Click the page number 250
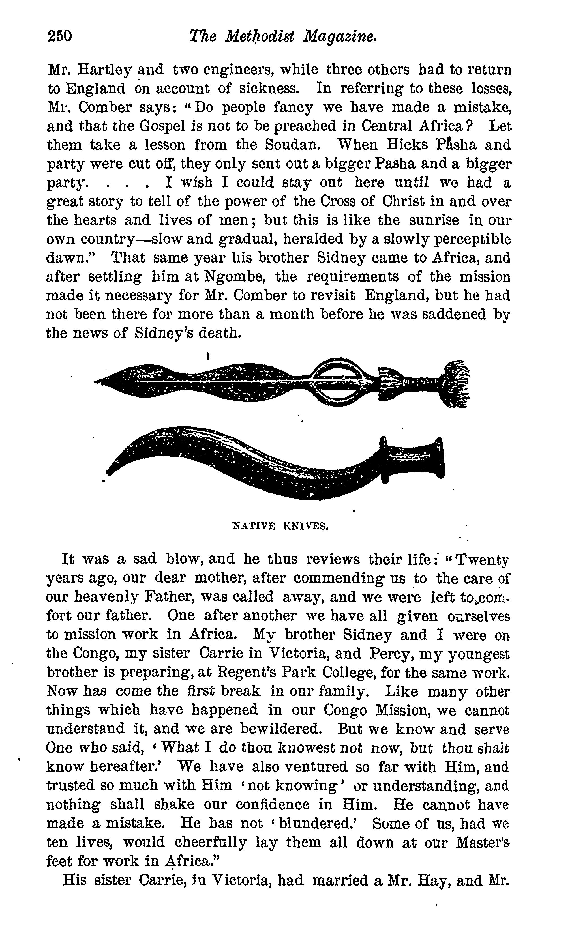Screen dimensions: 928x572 coord(60,36)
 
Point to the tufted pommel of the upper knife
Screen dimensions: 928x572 coord(456,384)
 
